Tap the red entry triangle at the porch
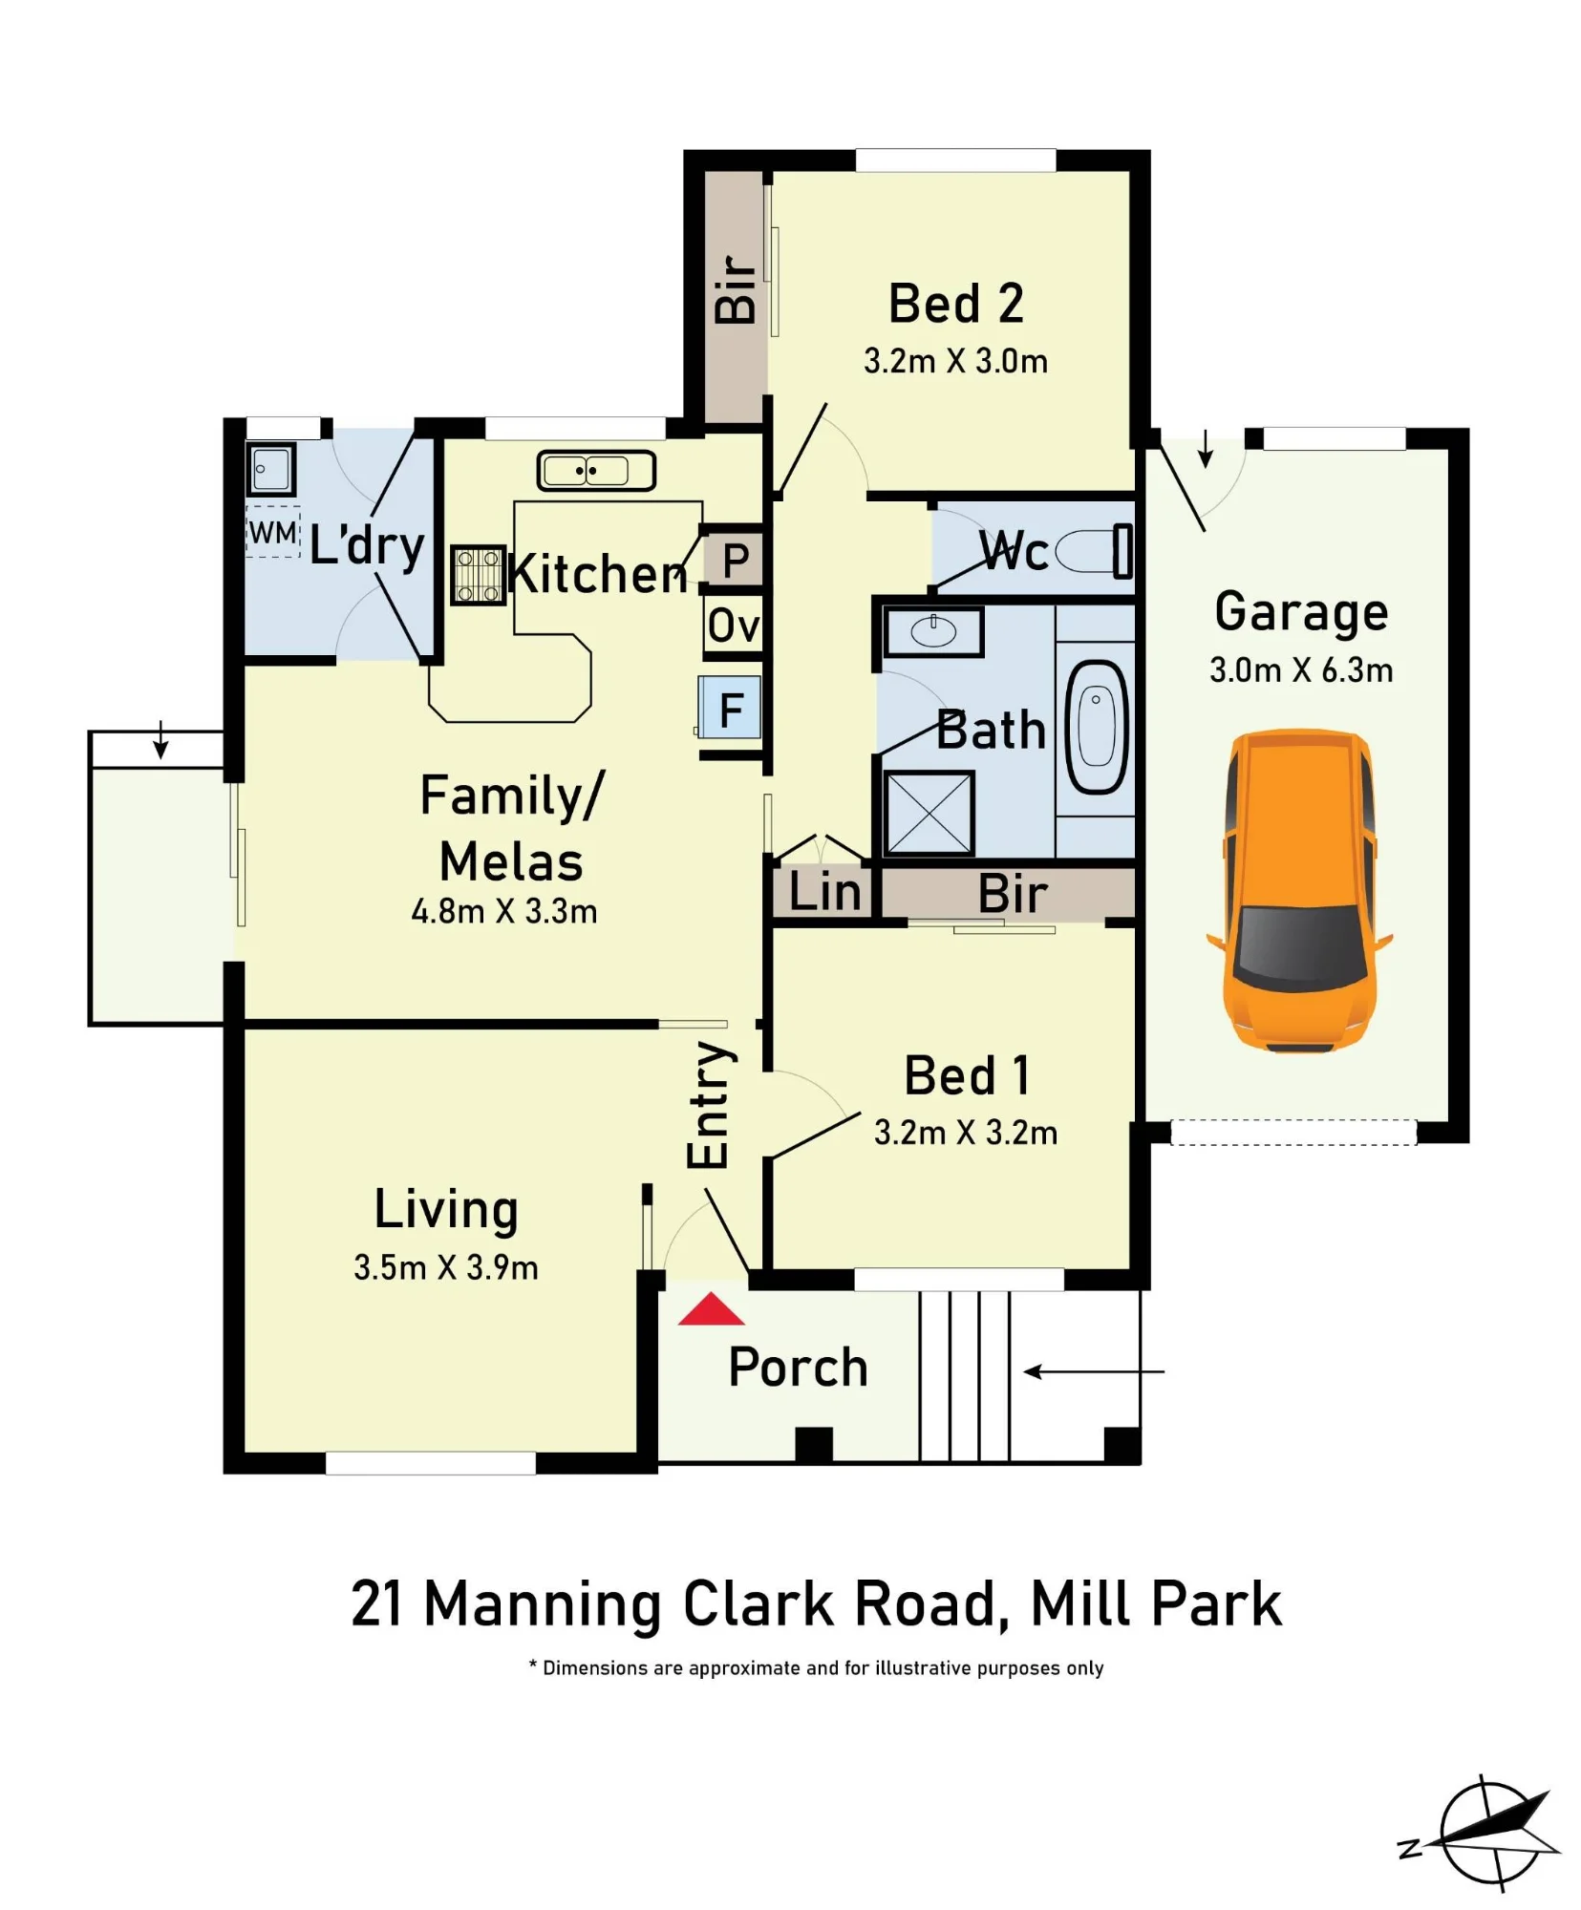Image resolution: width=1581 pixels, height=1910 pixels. [711, 1310]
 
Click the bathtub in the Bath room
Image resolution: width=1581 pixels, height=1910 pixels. [1096, 727]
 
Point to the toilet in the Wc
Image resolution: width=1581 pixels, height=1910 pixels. [1092, 551]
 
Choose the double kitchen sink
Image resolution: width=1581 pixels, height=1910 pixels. [596, 471]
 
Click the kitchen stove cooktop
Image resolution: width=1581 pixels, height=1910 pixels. [478, 574]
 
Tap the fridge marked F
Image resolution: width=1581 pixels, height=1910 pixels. [730, 708]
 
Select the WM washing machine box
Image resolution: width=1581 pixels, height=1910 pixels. [272, 531]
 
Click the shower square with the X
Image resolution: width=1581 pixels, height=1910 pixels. [929, 813]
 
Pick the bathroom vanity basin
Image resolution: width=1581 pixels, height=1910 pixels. [932, 631]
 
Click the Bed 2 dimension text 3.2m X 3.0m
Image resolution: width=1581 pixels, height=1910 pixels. [955, 361]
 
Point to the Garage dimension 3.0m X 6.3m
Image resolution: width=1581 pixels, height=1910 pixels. [1301, 669]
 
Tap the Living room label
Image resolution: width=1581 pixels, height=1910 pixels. [446, 1209]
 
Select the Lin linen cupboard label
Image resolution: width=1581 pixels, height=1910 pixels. [825, 893]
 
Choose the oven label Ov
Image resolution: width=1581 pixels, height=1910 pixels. [734, 626]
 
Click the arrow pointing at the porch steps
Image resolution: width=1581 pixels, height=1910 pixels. [1094, 1371]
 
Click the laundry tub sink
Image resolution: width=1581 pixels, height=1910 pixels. [270, 469]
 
